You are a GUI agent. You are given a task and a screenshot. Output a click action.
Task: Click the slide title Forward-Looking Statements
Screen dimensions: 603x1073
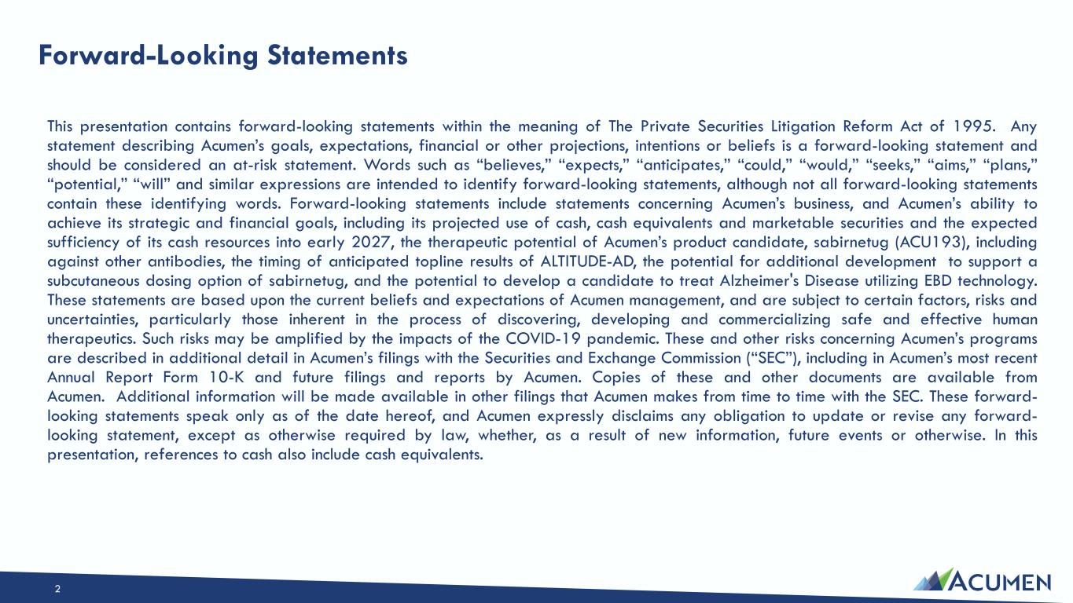[x=223, y=56]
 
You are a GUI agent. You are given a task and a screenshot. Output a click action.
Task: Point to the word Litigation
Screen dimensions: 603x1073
[x=805, y=126]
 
